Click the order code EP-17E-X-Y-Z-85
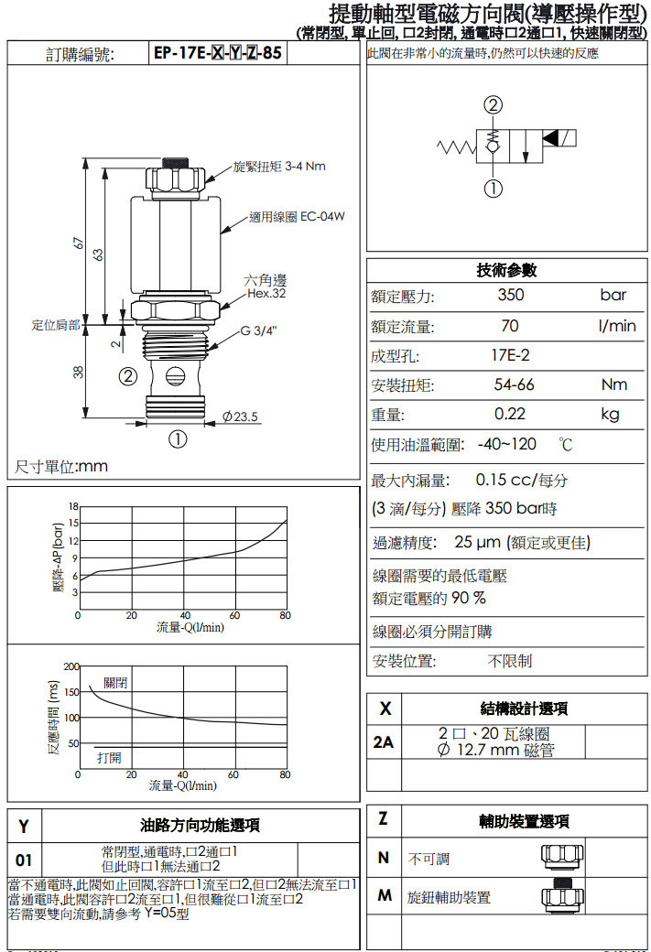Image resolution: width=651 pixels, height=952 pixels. [x=217, y=53]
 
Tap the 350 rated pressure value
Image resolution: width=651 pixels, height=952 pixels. [x=511, y=295]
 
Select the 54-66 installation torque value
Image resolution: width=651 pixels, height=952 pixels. [x=514, y=384]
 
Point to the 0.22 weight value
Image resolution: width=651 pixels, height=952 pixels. [x=509, y=414]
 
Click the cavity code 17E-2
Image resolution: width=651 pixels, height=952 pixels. [x=510, y=355]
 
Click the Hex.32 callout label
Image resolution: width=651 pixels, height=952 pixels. [x=266, y=294]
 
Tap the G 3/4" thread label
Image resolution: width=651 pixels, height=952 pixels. [x=259, y=330]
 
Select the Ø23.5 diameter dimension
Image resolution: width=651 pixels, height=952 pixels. [x=240, y=416]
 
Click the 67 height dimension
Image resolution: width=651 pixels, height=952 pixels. [x=78, y=243]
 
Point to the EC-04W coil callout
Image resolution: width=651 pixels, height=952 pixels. [x=297, y=217]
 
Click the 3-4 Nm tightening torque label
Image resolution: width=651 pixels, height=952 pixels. [x=280, y=167]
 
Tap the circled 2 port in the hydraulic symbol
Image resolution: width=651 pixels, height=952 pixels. [x=494, y=105]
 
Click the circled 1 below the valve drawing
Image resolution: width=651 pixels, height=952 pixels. [x=178, y=439]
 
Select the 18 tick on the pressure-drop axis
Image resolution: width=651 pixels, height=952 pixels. [x=73, y=506]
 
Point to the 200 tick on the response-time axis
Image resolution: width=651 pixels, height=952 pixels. [x=71, y=666]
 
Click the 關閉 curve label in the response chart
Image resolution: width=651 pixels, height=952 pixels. [x=115, y=683]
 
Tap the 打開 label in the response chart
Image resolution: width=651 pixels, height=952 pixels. [x=109, y=758]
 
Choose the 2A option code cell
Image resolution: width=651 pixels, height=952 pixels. [x=384, y=742]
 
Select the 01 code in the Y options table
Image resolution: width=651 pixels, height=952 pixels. [x=24, y=860]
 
